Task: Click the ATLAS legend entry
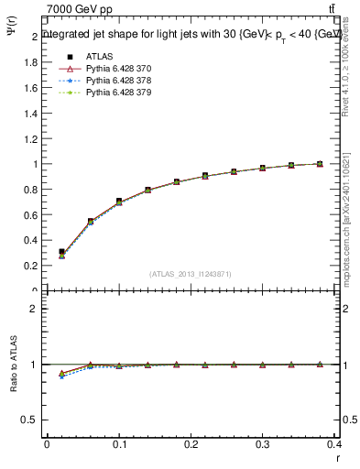click(x=100, y=57)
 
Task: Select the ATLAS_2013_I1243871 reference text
click(x=191, y=274)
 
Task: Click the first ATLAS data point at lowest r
click(x=61, y=251)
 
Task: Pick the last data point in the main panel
click(x=320, y=164)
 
